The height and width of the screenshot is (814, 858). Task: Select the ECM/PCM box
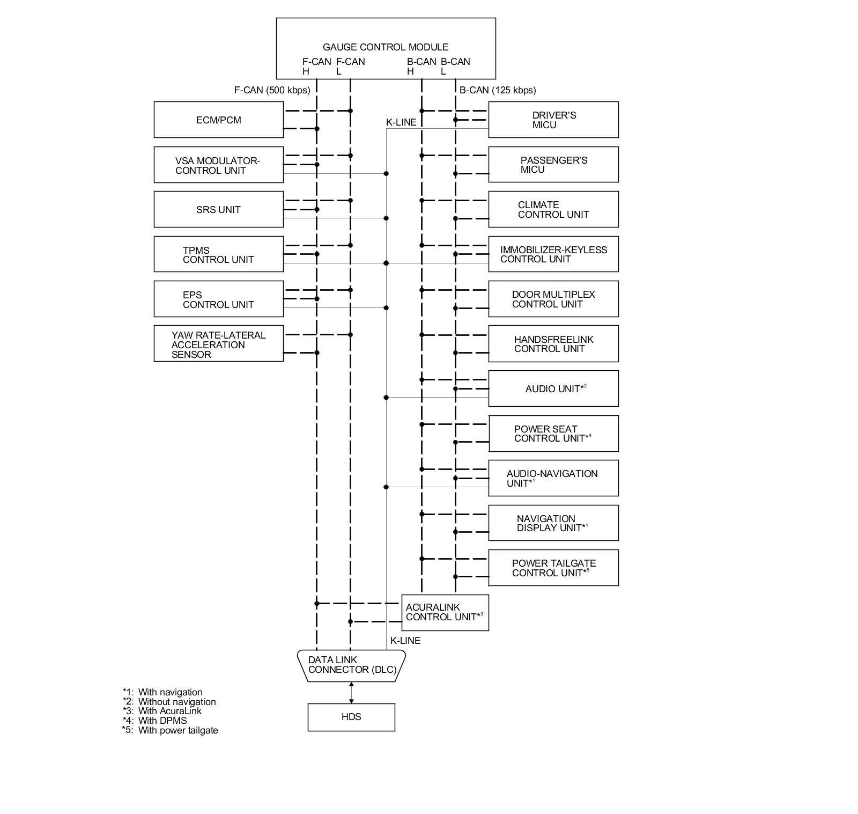[218, 120]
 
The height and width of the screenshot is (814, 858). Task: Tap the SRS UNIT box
[218, 209]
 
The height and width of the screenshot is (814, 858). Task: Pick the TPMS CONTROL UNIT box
[218, 254]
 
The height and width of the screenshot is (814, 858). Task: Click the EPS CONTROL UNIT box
[218, 299]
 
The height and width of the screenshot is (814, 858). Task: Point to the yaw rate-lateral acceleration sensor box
[218, 344]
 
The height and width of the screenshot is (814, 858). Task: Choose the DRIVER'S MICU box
[553, 120]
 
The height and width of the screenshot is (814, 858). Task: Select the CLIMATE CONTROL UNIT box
[553, 209]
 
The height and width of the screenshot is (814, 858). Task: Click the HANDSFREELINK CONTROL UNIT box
[553, 344]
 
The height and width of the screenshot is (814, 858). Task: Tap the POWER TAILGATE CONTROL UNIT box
[553, 568]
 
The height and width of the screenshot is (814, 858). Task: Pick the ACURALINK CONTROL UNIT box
[445, 612]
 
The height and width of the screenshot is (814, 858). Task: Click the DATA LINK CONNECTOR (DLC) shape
[351, 665]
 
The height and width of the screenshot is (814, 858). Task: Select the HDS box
[351, 717]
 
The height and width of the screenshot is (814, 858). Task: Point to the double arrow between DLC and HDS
[351, 692]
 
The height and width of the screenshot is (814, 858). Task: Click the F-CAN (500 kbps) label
[272, 90]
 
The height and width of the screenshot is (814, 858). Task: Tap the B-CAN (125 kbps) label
[497, 90]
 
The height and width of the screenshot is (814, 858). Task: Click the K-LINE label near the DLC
[405, 640]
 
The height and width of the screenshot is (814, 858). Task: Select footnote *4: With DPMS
[155, 721]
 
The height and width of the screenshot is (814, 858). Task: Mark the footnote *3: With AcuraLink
[162, 711]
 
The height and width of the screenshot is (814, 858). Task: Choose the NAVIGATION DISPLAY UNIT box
[553, 523]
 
